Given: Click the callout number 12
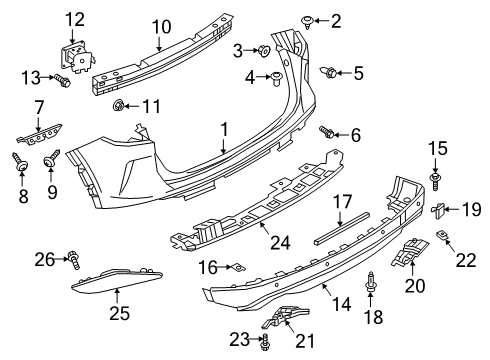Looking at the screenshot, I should pos(76,19).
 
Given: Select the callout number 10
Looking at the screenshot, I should pos(161,26).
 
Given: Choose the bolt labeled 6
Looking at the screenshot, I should pos(326,132).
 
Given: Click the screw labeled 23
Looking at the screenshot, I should pos(264,341).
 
